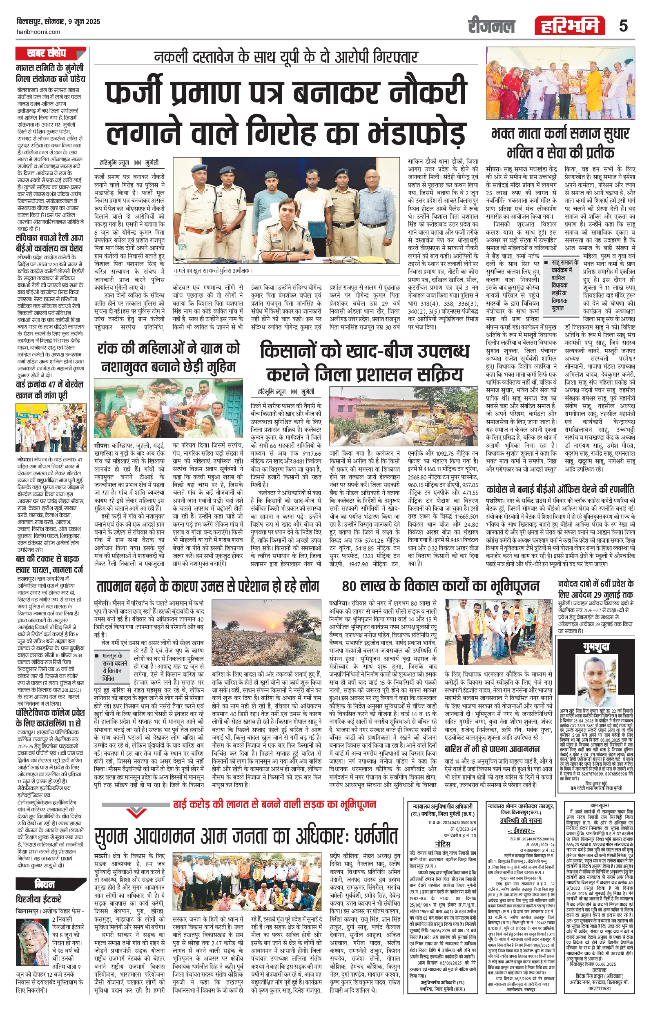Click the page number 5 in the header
623,26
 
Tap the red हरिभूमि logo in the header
570,26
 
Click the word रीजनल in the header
491,26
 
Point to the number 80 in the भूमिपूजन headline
350,586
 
